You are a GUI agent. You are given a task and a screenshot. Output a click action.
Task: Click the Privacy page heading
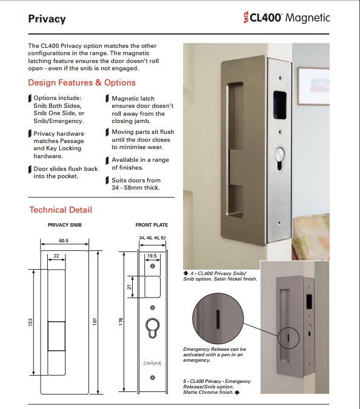(47, 19)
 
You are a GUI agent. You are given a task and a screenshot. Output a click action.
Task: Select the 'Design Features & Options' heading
(82, 82)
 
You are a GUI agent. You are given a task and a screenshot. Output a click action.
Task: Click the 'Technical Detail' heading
(61, 210)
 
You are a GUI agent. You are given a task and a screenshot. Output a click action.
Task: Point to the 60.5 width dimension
(64, 241)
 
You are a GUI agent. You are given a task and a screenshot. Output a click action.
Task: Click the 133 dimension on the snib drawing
(30, 322)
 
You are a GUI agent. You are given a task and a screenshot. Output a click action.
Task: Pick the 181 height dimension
(95, 321)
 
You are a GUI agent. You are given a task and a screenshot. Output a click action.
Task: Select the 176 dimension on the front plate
(121, 321)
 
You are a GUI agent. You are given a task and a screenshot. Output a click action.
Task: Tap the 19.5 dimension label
(152, 256)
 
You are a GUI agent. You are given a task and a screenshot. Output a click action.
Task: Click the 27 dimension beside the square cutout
(129, 287)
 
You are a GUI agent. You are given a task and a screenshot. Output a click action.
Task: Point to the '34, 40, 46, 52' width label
(152, 238)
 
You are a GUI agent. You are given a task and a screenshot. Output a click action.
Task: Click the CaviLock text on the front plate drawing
(152, 363)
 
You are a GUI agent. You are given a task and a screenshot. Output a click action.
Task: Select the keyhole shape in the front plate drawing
(153, 328)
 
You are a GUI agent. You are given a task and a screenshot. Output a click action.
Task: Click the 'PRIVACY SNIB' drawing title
(65, 225)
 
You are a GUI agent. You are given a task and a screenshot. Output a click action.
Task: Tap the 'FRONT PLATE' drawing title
(152, 225)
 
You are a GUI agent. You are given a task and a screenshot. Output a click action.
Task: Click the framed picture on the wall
(313, 86)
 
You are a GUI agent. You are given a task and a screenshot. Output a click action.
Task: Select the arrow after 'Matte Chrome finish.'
(238, 392)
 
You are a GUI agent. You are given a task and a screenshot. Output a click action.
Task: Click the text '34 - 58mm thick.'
(136, 188)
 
